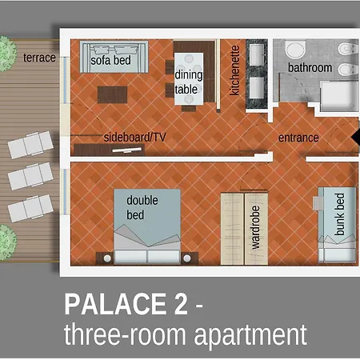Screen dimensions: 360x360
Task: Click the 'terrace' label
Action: point(39,58)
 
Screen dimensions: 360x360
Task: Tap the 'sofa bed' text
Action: point(112,60)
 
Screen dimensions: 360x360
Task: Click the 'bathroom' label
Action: point(310,68)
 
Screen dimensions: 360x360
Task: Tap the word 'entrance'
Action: point(298,138)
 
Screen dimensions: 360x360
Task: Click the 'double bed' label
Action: point(142,208)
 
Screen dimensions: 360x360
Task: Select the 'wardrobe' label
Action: point(256,227)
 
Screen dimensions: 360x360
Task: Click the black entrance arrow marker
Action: point(356,138)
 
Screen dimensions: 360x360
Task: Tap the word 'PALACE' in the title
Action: point(125,305)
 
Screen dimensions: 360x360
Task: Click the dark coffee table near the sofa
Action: point(117,94)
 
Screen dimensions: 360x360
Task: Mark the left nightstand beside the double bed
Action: point(104,257)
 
